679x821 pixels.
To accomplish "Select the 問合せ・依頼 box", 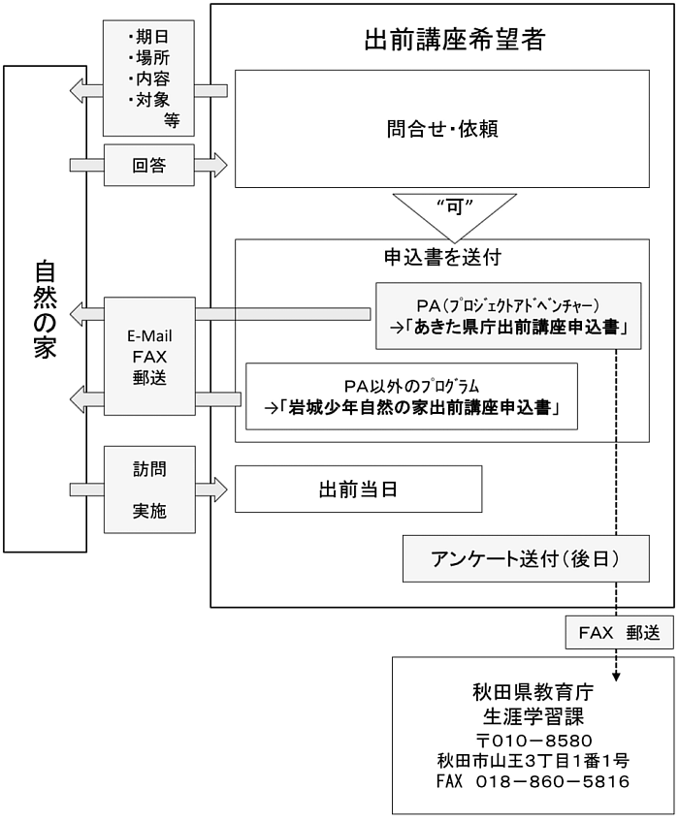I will [441, 128].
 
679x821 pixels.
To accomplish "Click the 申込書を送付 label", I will [441, 258].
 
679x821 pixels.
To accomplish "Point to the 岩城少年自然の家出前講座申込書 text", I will [411, 408].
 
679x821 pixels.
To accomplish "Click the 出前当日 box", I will [358, 489].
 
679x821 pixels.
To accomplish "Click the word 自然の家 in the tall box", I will [45, 309].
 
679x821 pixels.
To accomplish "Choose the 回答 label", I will [149, 165].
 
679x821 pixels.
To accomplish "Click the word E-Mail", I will [149, 336].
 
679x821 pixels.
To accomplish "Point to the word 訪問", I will [149, 469].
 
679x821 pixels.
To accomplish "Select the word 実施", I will [149, 512].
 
